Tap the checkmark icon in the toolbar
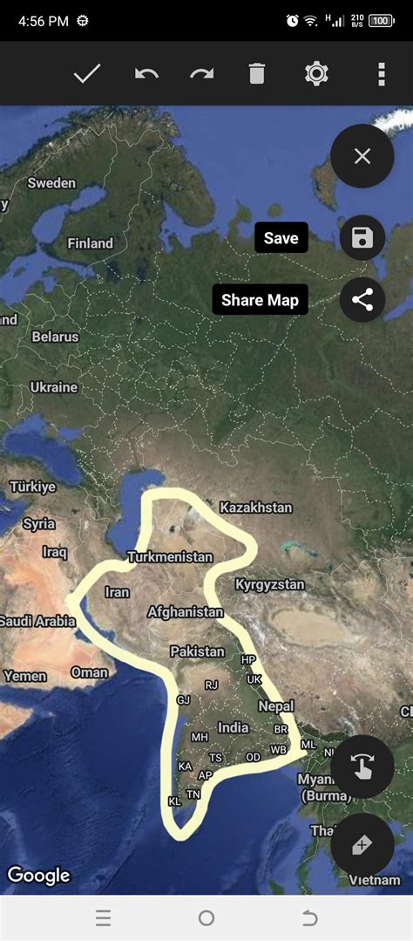click(x=87, y=74)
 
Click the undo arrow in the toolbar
click(x=146, y=74)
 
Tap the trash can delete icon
click(x=256, y=74)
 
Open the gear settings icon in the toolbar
click(x=316, y=74)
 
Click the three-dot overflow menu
click(x=381, y=74)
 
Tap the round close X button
click(x=362, y=156)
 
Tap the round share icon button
click(x=362, y=301)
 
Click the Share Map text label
click(x=260, y=301)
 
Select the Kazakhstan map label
click(x=255, y=508)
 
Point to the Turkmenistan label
click(x=169, y=556)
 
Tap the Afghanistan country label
click(x=186, y=612)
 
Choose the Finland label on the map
click(x=90, y=243)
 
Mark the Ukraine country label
click(x=54, y=387)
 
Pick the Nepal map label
click(x=276, y=706)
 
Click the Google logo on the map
click(x=38, y=875)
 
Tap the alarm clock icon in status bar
click(x=292, y=20)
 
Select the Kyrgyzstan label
click(x=269, y=584)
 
